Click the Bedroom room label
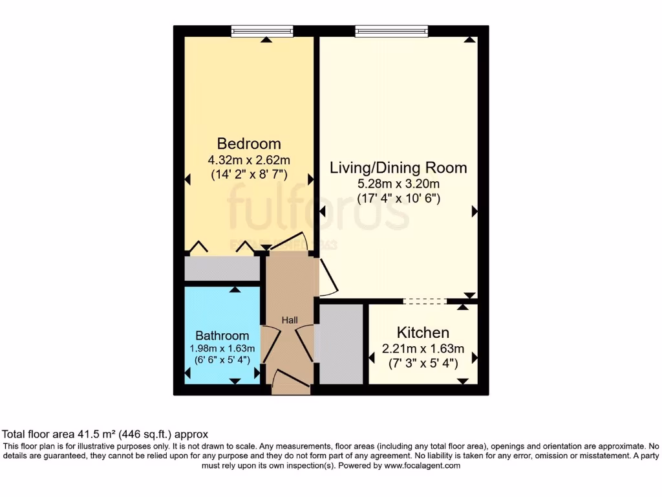[249, 144]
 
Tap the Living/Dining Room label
[398, 168]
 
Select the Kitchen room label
[423, 333]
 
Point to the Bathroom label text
[222, 336]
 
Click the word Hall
[289, 320]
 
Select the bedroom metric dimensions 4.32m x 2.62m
[249, 160]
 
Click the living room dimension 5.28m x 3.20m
[398, 184]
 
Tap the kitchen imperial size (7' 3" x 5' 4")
[423, 364]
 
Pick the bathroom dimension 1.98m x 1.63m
[222, 349]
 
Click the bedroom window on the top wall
[262, 30]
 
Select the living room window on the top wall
[390, 30]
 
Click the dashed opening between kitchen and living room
[425, 301]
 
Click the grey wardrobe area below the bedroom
[222, 269]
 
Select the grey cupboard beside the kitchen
[341, 343]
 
